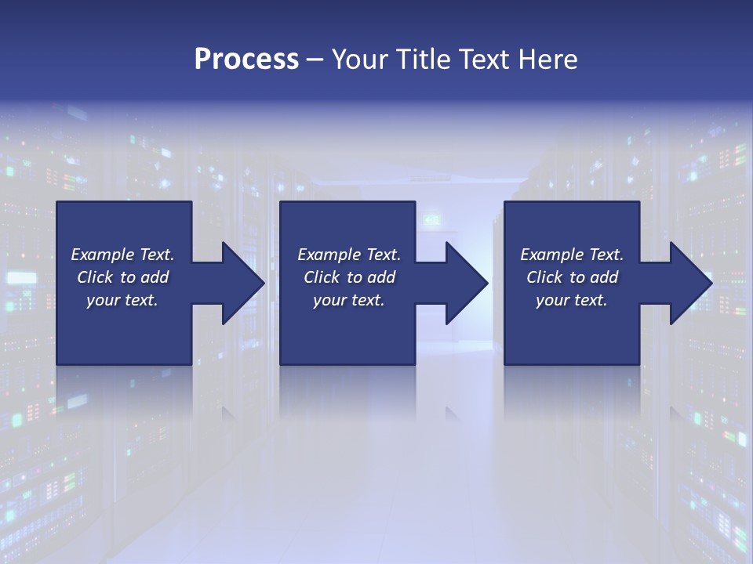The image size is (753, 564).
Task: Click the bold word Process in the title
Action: pos(246,60)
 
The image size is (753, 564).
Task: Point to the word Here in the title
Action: pos(548,60)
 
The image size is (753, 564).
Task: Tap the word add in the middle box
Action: pos(381,277)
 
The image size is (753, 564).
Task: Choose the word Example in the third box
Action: pos(552,255)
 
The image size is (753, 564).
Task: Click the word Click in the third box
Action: pos(545,277)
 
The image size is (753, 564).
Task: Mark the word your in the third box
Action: pos(551,300)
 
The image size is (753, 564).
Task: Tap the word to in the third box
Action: pos(578,277)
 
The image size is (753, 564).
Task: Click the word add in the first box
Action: pos(155,277)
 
